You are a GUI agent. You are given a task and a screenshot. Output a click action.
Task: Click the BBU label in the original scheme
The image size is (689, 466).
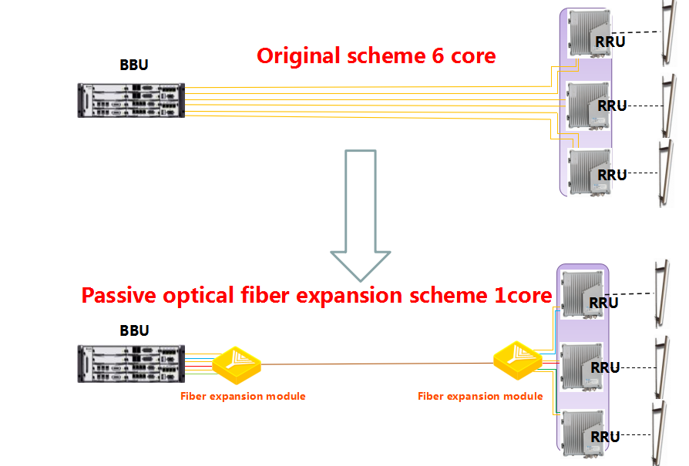coord(134,65)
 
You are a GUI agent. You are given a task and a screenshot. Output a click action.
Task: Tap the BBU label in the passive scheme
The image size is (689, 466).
coord(134,330)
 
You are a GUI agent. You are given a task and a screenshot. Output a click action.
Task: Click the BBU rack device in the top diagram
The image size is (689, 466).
coord(131,101)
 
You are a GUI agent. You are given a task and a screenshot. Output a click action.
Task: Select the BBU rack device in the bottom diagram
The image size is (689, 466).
coord(131,364)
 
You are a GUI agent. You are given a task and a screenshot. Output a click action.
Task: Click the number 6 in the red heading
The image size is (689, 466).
coord(438,55)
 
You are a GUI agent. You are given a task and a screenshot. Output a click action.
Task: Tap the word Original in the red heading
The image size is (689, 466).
coord(299,56)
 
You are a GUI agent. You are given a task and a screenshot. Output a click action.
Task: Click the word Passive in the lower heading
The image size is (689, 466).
coord(119,295)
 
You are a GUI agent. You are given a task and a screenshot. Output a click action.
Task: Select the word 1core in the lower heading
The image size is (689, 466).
coord(523,295)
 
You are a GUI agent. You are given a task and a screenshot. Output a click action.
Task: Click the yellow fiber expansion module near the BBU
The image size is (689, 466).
coord(237,365)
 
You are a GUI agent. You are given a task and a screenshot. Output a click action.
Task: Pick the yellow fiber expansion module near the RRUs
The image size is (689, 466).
coord(518,360)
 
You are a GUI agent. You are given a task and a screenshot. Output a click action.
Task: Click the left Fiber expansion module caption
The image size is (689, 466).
coord(243,396)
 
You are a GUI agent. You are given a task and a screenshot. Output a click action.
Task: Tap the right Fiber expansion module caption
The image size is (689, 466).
coord(480,396)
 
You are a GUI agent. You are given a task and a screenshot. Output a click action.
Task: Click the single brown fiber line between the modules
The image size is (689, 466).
coord(377,364)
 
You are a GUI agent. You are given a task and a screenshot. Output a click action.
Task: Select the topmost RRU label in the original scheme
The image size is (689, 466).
coord(610,42)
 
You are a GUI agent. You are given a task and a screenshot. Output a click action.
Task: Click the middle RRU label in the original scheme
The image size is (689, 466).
coord(612,106)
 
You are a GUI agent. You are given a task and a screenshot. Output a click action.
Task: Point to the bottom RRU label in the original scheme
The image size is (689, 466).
coord(612,176)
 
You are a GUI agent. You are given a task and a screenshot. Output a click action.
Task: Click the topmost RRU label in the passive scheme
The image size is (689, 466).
coord(603,303)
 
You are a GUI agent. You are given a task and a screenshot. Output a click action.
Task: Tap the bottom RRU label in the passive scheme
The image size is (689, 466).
coord(606,437)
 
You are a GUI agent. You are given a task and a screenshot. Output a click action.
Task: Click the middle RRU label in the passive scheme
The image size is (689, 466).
coord(606,367)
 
